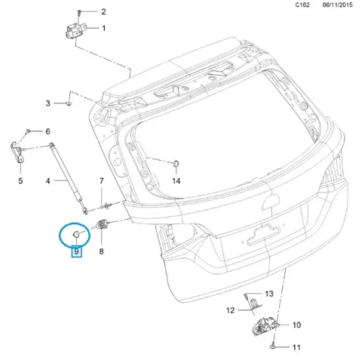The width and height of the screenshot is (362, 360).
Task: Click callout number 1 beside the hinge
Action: [103, 28]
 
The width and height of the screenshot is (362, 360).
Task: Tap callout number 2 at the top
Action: [103, 11]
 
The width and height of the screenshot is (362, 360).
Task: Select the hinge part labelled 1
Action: [75, 31]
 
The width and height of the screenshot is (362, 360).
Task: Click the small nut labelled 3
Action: [69, 103]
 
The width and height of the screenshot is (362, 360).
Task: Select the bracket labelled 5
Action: [17, 152]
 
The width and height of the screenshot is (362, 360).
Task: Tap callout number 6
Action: [48, 131]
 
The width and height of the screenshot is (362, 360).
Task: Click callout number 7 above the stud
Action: [101, 181]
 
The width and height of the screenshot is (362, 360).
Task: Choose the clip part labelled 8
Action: [103, 224]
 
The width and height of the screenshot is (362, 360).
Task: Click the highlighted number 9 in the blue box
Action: [76, 251]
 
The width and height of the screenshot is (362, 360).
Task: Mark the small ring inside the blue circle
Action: [76, 235]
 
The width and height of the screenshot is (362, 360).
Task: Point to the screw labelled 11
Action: [272, 347]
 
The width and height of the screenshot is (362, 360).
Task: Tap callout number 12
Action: [230, 310]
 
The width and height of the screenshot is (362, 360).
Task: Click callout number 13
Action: [269, 294]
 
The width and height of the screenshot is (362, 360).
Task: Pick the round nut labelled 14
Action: [176, 163]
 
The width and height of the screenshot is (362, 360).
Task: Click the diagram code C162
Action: [302, 5]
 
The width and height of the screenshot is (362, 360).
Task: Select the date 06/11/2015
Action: [338, 5]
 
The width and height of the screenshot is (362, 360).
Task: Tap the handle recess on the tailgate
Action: [263, 235]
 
